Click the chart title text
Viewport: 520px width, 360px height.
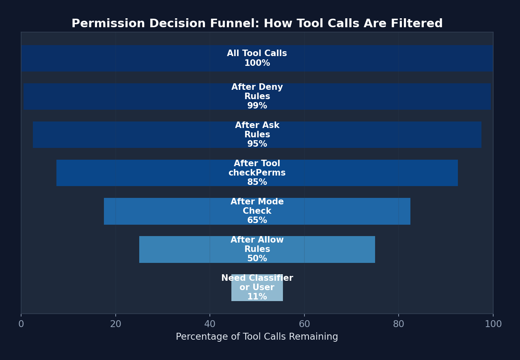(x=257, y=24)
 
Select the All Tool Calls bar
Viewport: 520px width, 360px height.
(x=122, y=59)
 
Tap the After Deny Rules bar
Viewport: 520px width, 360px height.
(x=122, y=97)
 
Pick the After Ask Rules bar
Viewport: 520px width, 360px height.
(x=122, y=135)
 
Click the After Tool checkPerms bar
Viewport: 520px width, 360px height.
(x=122, y=173)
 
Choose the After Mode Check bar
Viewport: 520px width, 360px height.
(x=162, y=211)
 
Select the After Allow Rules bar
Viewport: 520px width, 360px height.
(x=183, y=249)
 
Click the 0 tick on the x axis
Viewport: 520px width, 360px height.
(x=21, y=324)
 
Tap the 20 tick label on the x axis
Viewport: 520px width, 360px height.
(x=116, y=324)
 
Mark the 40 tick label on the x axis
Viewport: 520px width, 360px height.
(x=210, y=324)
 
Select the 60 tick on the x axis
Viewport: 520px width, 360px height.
(x=304, y=324)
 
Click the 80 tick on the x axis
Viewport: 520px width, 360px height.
(x=399, y=324)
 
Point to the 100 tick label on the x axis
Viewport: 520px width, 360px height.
(x=493, y=324)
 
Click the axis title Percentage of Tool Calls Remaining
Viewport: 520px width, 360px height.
(x=257, y=337)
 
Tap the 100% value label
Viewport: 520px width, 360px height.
(x=257, y=63)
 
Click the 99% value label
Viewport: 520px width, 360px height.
(x=257, y=106)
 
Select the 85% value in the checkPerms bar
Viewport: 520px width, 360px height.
(x=257, y=182)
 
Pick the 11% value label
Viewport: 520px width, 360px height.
(x=257, y=297)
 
